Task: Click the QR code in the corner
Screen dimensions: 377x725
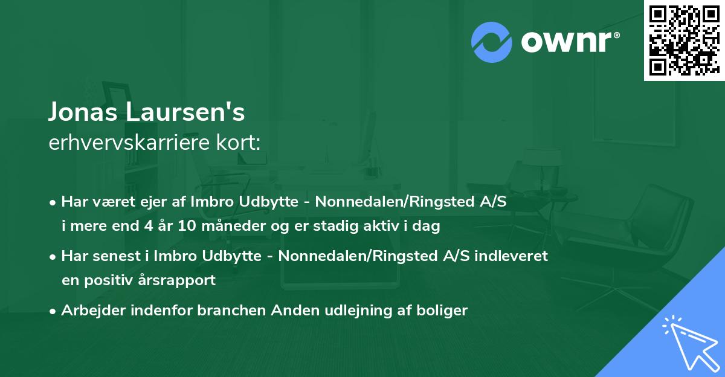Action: pos(684,40)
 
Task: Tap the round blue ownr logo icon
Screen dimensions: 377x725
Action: pos(492,41)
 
